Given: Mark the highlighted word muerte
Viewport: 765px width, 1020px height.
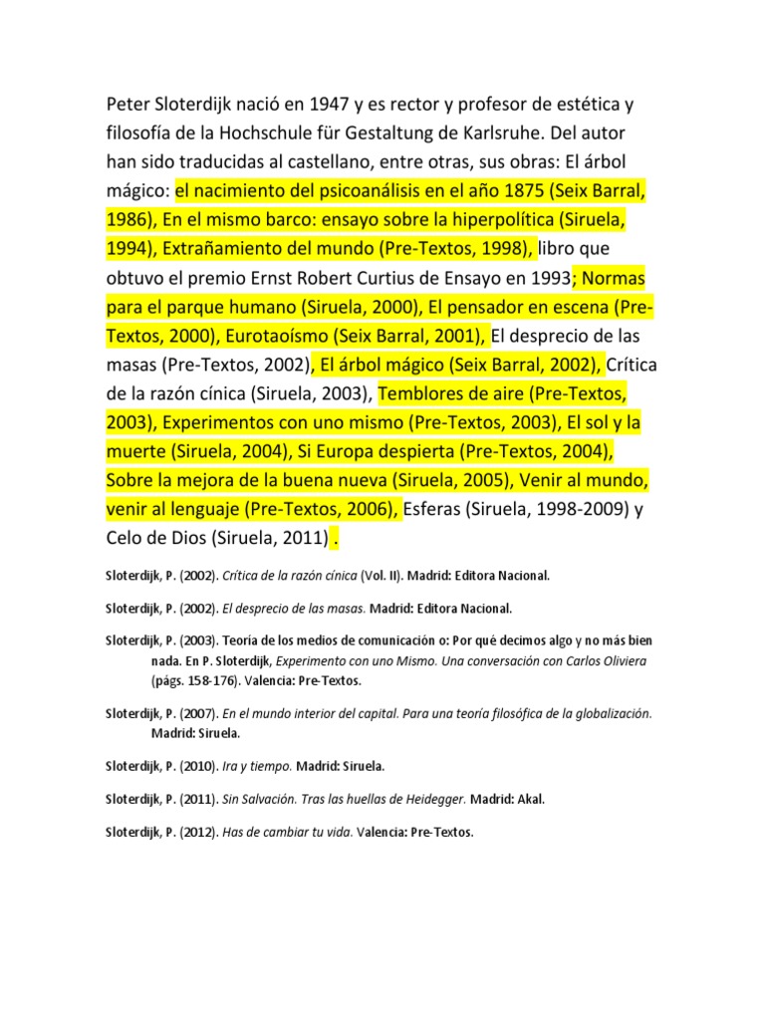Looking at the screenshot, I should coord(135,451).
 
